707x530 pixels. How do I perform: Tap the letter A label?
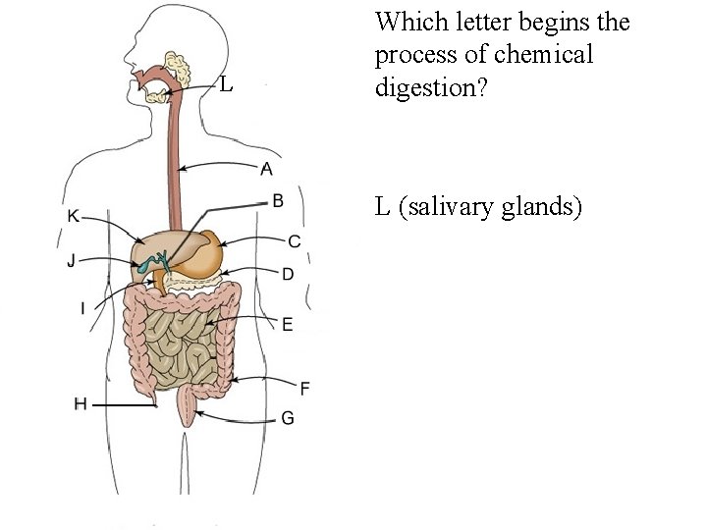click(x=266, y=169)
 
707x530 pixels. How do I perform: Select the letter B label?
click(x=278, y=200)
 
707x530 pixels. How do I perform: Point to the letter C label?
click(x=294, y=241)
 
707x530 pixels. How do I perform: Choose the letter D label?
click(x=288, y=274)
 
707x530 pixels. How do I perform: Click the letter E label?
click(x=287, y=324)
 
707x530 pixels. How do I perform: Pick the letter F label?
click(x=304, y=389)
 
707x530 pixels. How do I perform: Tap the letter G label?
click(x=287, y=418)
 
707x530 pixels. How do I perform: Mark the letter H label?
click(x=81, y=403)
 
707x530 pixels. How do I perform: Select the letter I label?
click(x=82, y=309)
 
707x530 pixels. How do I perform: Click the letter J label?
click(x=72, y=260)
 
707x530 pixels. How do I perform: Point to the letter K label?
click(x=73, y=216)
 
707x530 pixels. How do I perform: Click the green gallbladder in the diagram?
click(x=148, y=263)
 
